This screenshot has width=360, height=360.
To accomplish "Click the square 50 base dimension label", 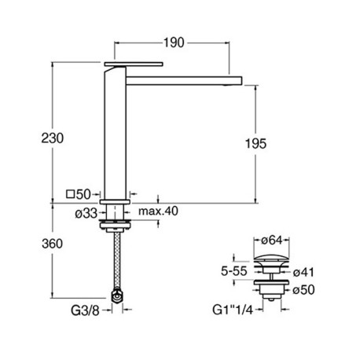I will [x=80, y=194].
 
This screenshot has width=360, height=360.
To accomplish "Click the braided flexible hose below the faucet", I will [x=116, y=263].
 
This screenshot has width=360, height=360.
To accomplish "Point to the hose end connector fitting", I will [x=117, y=297].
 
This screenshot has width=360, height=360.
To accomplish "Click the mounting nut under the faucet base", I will [x=116, y=227].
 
